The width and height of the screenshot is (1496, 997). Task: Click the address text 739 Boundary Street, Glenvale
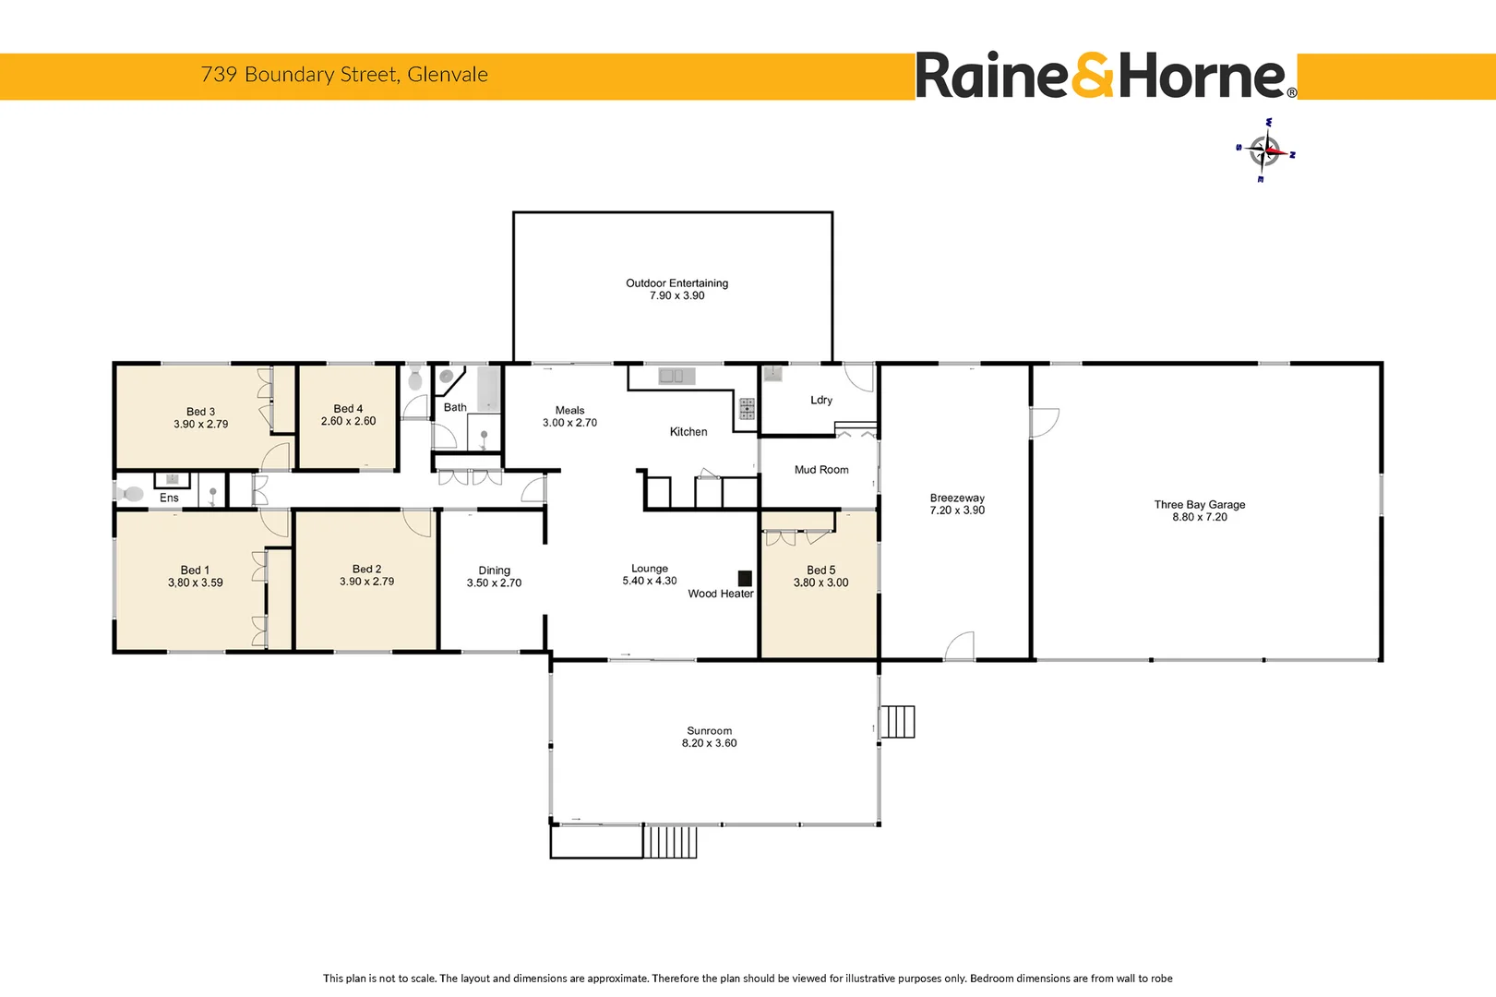344,75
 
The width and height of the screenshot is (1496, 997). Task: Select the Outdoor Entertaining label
676,283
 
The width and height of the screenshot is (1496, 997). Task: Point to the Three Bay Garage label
1199,505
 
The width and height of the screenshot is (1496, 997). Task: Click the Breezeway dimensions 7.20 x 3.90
957,511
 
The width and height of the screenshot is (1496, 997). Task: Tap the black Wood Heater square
745,578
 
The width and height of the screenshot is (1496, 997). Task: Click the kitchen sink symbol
676,376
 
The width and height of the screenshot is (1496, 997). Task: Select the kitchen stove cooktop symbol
747,409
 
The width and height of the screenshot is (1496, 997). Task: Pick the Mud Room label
821,470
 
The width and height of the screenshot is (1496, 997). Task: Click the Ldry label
821,400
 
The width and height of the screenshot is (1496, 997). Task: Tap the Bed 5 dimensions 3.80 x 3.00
820,583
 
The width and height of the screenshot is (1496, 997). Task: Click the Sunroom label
709,730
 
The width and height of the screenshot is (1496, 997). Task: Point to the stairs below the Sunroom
670,842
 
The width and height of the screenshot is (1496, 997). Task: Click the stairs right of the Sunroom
897,722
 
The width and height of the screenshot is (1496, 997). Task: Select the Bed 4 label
348,409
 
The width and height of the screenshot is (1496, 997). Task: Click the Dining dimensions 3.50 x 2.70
494,583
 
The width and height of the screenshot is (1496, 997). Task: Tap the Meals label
569,410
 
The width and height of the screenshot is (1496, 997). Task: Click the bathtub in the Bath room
488,389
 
